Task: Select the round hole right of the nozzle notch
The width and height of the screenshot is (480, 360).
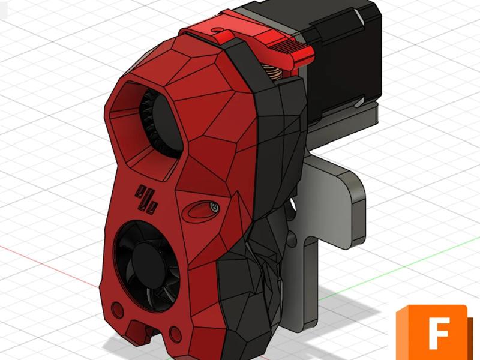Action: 175,332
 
